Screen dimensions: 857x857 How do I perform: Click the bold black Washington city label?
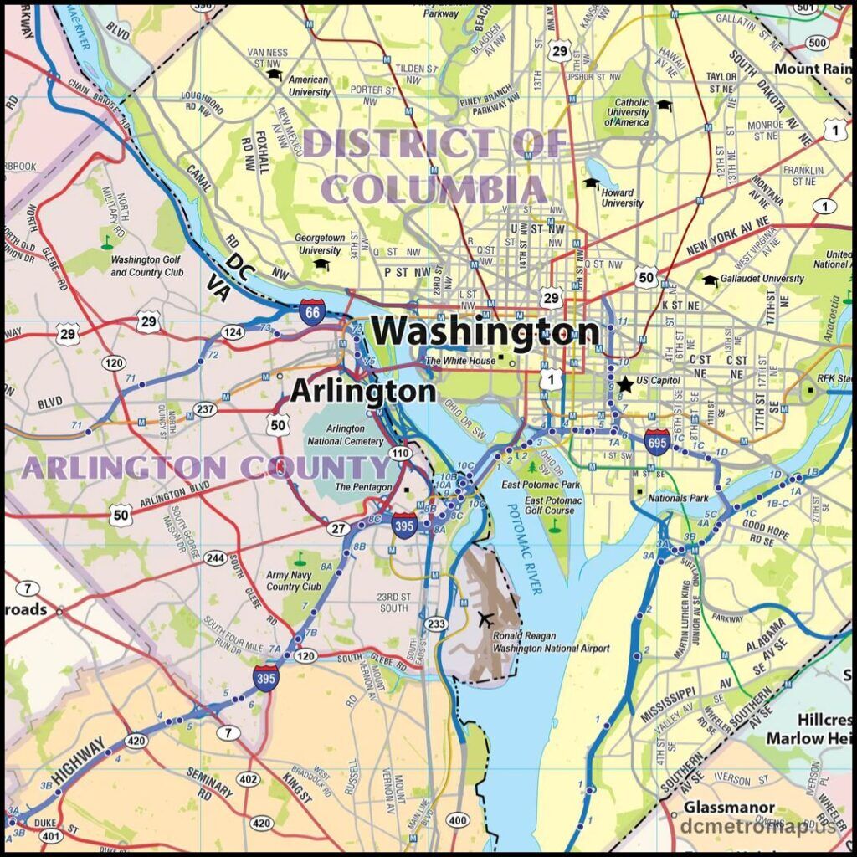tap(485, 332)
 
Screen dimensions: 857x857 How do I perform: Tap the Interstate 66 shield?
tap(311, 312)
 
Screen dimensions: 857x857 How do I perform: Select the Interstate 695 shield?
tap(657, 440)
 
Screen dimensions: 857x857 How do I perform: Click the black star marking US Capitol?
tap(625, 384)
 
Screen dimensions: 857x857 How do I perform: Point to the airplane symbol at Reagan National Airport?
tap(484, 619)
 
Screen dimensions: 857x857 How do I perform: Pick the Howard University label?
tap(622, 198)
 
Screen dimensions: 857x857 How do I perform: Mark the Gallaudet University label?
tap(761, 279)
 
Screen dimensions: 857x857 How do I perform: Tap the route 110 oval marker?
tap(402, 453)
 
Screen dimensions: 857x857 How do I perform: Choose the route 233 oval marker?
tap(436, 624)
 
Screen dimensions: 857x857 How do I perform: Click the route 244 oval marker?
tap(216, 558)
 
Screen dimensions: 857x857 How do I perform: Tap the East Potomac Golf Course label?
tap(549, 505)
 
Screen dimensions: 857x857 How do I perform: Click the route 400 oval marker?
tap(458, 819)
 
